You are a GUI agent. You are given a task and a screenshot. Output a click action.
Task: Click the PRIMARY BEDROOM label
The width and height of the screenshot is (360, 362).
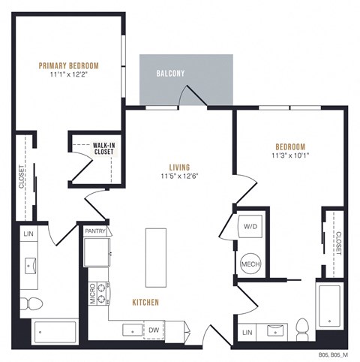tap(69, 66)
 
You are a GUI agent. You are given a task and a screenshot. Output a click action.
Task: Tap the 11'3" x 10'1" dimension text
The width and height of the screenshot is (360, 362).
tap(289, 156)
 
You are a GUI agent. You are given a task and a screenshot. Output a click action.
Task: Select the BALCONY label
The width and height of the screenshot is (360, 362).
tap(171, 74)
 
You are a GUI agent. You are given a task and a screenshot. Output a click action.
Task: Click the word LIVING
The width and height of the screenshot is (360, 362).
tap(178, 167)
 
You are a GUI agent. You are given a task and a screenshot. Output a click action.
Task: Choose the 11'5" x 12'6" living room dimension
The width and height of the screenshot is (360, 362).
tap(178, 177)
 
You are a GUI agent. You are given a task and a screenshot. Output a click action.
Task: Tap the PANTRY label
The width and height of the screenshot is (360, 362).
tap(95, 231)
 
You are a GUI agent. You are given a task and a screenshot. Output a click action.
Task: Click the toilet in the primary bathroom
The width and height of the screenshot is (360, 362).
tap(31, 303)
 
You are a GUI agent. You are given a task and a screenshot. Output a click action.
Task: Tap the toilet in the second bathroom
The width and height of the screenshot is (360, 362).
tap(303, 327)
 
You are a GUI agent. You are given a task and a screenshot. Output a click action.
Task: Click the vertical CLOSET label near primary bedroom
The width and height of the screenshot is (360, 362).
tap(22, 178)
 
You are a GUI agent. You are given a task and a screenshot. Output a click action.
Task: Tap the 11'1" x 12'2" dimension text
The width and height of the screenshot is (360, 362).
tap(69, 76)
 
